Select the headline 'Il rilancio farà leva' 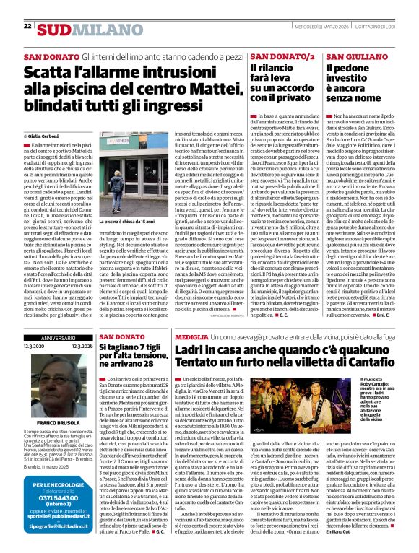point(278,82)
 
